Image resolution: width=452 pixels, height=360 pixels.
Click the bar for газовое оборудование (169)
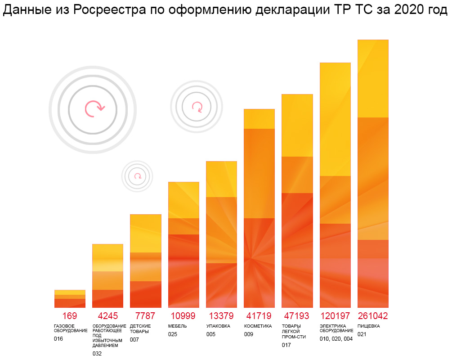pyautogui.click(x=70, y=299)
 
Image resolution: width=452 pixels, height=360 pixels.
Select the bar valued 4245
pyautogui.click(x=107, y=276)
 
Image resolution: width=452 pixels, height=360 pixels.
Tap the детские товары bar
pyautogui.click(x=146, y=261)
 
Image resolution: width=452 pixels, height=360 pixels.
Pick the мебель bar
pyautogui.click(x=183, y=245)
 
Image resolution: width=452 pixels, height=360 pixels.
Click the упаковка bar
pyautogui.click(x=221, y=234)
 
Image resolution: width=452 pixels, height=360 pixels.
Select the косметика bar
pyautogui.click(x=259, y=208)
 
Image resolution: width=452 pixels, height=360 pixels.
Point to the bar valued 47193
pyautogui.click(x=297, y=201)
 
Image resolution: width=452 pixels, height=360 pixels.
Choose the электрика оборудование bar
pyautogui.click(x=335, y=185)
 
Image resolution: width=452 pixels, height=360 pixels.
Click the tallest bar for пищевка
pyautogui.click(x=373, y=174)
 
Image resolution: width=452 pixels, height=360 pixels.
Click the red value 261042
pyautogui.click(x=373, y=316)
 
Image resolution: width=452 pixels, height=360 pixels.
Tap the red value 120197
pyautogui.click(x=335, y=316)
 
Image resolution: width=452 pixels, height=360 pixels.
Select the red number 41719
pyautogui.click(x=259, y=316)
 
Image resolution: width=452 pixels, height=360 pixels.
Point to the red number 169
pyautogui.click(x=70, y=316)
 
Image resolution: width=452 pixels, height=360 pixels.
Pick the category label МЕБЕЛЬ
pyautogui.click(x=177, y=326)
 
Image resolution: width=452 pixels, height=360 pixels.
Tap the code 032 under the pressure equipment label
pyautogui.click(x=97, y=354)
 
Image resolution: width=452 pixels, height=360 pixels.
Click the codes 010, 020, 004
pyautogui.click(x=336, y=339)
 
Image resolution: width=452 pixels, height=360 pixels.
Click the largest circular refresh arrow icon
pyautogui.click(x=93, y=109)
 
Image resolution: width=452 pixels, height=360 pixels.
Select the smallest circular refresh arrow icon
pyautogui.click(x=138, y=176)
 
